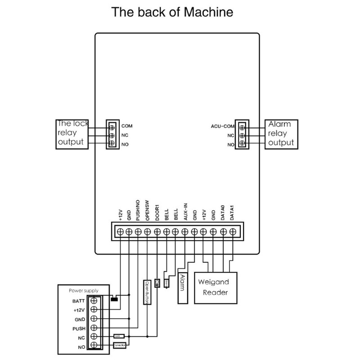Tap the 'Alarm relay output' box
(x=281, y=134)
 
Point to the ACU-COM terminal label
(x=223, y=126)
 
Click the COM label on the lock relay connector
(x=127, y=126)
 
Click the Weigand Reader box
(x=214, y=287)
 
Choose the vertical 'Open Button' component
(x=146, y=292)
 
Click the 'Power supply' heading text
(x=83, y=291)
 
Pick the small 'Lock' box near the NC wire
(x=118, y=336)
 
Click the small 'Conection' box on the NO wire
(x=119, y=345)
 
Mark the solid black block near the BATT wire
(x=114, y=298)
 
